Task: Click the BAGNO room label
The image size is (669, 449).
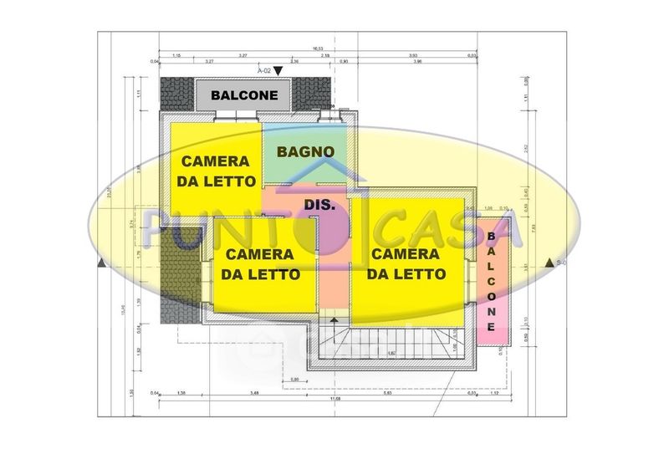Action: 307,152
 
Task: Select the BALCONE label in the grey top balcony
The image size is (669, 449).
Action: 244,95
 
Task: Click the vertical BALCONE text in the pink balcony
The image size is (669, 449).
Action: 492,279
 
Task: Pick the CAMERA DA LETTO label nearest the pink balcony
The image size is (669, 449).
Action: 407,263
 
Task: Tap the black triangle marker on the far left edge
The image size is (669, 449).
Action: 101,263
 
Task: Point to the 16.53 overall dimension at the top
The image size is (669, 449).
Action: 319,48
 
